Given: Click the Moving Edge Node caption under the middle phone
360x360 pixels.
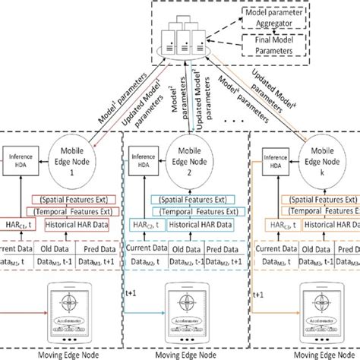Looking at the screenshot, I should (x=184, y=354).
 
